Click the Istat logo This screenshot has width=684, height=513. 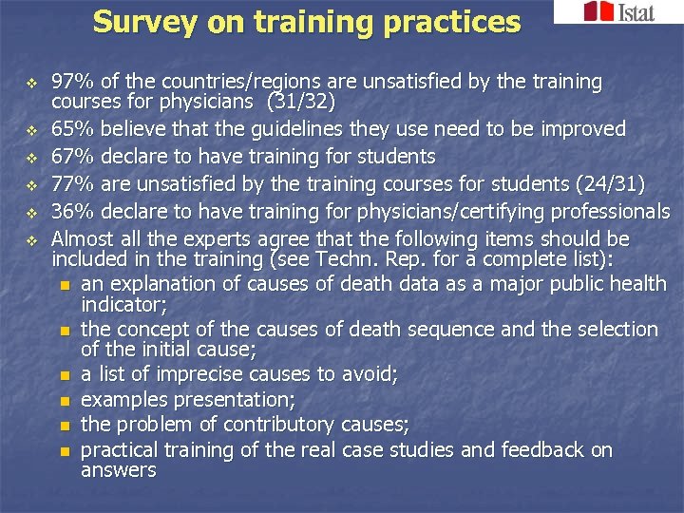[x=618, y=12]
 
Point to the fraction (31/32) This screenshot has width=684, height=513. [x=310, y=102]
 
